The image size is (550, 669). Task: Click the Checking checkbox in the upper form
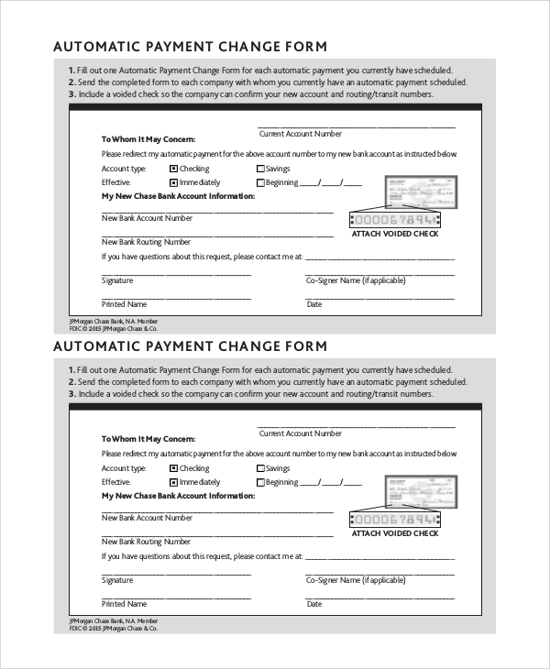[174, 169]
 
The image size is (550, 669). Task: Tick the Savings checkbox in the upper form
[260, 169]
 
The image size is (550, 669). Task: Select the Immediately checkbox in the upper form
[174, 182]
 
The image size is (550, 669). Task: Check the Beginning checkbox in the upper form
[260, 182]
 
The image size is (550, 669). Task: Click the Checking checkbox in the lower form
[174, 468]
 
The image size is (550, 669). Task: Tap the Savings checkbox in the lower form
[260, 468]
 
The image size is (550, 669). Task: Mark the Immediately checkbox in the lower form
[174, 482]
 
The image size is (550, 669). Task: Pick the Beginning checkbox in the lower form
[260, 482]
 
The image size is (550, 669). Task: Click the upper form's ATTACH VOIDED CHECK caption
[395, 234]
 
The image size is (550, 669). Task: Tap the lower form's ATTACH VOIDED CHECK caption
[395, 533]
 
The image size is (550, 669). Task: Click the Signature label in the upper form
[117, 280]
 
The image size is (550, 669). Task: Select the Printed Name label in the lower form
[125, 604]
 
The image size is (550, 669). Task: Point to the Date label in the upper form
[314, 304]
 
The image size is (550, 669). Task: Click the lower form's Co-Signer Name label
[356, 580]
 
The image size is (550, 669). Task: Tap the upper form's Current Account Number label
[301, 134]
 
